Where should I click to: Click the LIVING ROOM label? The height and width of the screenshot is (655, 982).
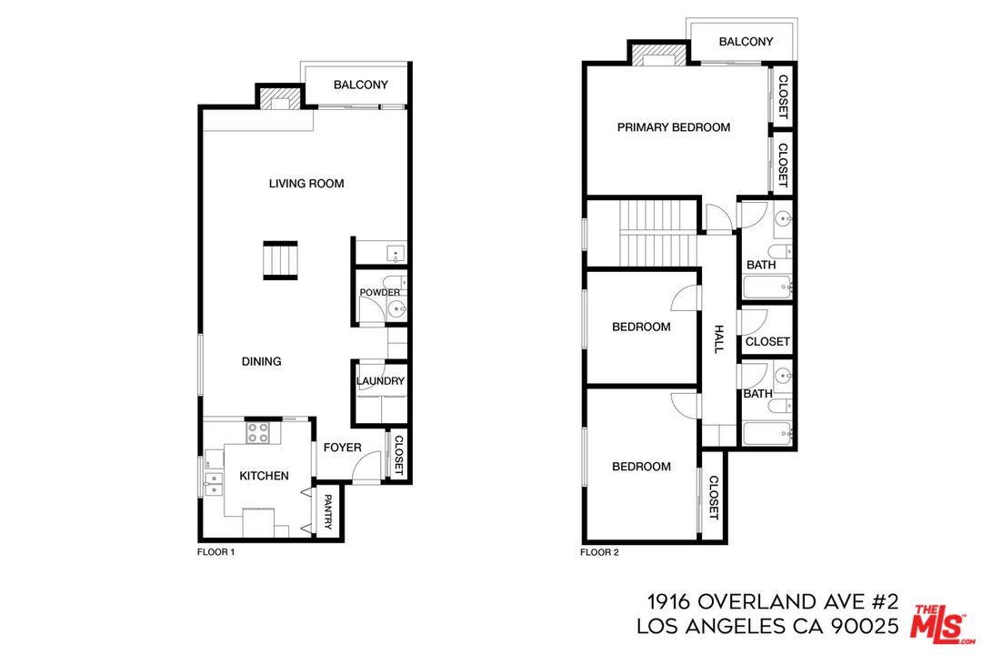(306, 184)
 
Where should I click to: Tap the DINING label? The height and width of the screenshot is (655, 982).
(261, 361)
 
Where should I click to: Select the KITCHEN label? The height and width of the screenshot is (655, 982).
(264, 476)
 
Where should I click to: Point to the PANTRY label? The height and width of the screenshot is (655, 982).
(327, 512)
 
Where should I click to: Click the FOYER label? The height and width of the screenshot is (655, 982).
(342, 448)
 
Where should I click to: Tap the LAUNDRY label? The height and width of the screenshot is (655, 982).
(380, 381)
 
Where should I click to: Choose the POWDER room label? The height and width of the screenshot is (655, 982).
(380, 292)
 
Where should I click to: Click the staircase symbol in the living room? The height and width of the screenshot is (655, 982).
(280, 259)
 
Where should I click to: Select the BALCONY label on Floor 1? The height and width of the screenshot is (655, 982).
(360, 86)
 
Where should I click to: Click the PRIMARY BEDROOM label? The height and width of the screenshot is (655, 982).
(674, 127)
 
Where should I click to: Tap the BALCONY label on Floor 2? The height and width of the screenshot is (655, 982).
(746, 42)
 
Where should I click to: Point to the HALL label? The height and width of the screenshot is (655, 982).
(718, 339)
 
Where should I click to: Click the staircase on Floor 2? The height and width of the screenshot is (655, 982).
(656, 232)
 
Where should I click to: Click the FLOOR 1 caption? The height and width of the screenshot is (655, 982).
(216, 552)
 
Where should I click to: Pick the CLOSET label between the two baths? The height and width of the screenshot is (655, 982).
(767, 342)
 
